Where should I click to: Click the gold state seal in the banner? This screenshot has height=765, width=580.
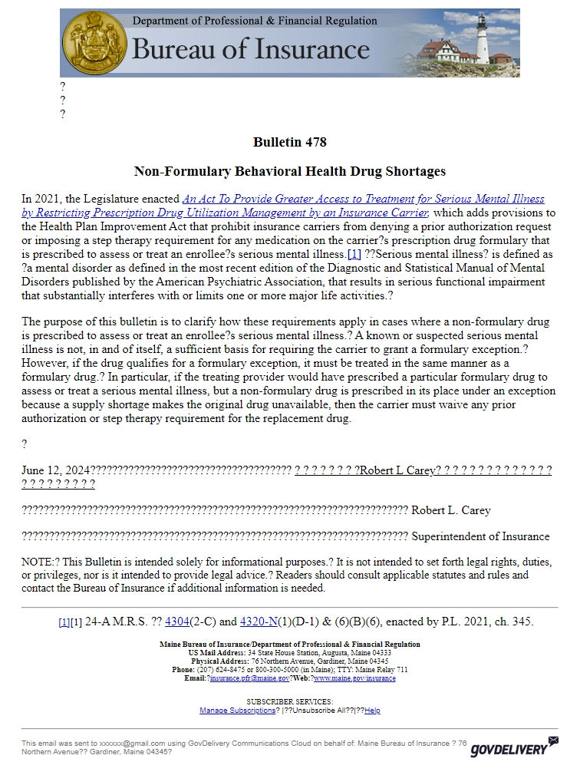click(x=94, y=42)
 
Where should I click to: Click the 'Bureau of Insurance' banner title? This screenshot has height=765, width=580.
click(x=250, y=50)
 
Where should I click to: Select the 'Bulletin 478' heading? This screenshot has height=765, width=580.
click(x=289, y=142)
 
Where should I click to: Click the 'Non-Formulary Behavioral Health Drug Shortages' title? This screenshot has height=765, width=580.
click(x=289, y=171)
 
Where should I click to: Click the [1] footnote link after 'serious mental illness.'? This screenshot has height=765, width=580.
click(x=354, y=254)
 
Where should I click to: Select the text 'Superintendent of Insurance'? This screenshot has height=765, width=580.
click(x=480, y=536)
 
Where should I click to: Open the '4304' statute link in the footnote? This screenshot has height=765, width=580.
click(x=178, y=622)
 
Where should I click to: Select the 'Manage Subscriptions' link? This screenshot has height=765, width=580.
click(x=237, y=711)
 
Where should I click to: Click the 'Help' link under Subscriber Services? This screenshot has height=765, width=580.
click(x=372, y=711)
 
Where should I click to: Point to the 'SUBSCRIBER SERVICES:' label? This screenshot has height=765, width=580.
click(x=289, y=701)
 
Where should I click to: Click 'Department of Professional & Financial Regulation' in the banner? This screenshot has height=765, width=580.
click(x=255, y=21)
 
